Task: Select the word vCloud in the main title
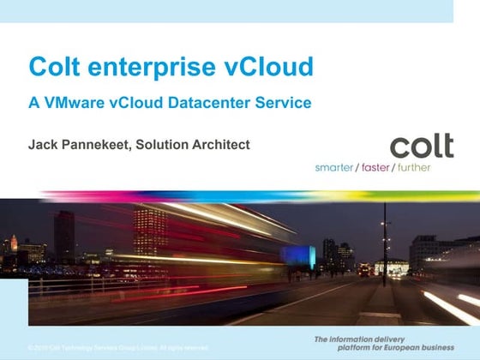click(267, 66)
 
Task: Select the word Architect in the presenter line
click(220, 145)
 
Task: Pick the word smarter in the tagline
click(334, 167)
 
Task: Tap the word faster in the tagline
click(374, 167)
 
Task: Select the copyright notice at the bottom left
click(117, 347)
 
